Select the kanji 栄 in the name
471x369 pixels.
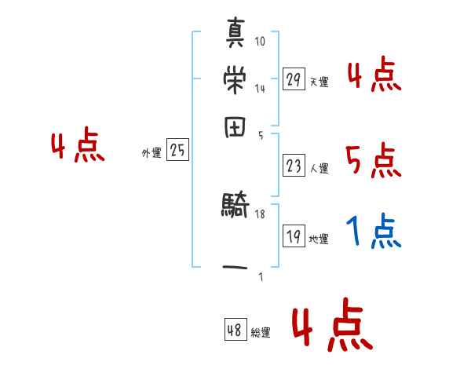235,79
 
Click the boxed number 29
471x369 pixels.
294,79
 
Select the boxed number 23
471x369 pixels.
294,166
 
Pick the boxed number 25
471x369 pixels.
177,151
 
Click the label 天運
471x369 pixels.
319,82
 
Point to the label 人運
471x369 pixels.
319,168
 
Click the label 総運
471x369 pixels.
260,333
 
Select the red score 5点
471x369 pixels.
373,162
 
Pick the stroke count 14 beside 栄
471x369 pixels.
261,88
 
